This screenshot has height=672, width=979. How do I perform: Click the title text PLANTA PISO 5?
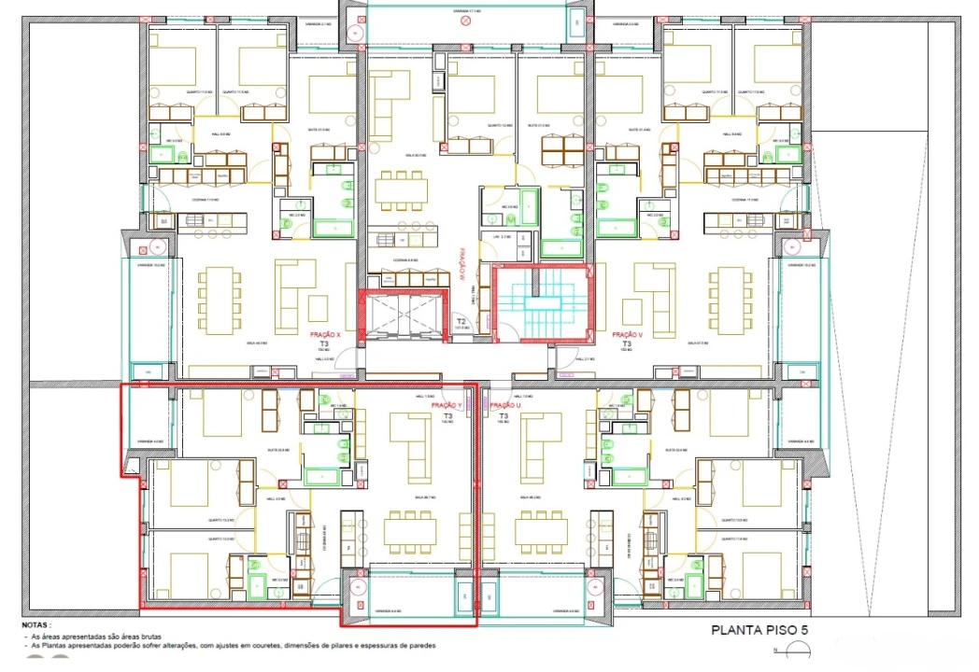point(759,630)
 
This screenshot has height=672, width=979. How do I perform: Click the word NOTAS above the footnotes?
point(38,625)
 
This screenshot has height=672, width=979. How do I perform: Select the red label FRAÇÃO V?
point(627,333)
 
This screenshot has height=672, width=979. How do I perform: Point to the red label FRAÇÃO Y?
point(447,405)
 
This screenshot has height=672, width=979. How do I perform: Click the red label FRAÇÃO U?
point(504,405)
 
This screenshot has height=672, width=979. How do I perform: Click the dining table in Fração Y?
point(409,532)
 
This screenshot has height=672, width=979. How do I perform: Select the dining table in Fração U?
point(541,532)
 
